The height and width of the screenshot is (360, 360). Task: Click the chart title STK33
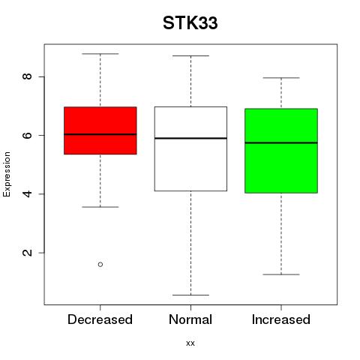coord(190,23)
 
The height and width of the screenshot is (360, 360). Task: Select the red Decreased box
coord(100,130)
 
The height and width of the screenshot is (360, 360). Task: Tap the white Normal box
coord(190,148)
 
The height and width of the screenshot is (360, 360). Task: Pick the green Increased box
coord(281,151)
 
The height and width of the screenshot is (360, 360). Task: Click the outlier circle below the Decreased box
coord(100,264)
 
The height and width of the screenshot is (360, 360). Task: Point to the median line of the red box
coord(100,134)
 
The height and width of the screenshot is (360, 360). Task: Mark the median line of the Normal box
coord(190,138)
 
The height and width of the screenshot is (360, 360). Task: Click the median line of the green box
coord(281,142)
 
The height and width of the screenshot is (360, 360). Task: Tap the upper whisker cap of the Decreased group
coord(100,54)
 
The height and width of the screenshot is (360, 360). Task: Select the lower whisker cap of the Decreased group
coord(100,207)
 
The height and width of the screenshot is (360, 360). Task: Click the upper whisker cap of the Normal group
coord(190,55)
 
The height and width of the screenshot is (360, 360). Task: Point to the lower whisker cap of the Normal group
coord(190,295)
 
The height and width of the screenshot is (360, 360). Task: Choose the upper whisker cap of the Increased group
coord(281,78)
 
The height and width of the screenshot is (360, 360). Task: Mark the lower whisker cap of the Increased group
coord(281,274)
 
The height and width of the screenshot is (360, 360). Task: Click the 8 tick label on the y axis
coord(27,76)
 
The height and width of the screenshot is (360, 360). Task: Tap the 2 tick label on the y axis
coord(27,253)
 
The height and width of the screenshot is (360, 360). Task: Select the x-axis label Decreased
coord(100,319)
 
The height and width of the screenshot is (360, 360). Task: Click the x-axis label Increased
coord(281,319)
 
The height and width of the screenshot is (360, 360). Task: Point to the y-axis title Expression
coord(7,174)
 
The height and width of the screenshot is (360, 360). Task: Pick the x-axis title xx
coord(190,343)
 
